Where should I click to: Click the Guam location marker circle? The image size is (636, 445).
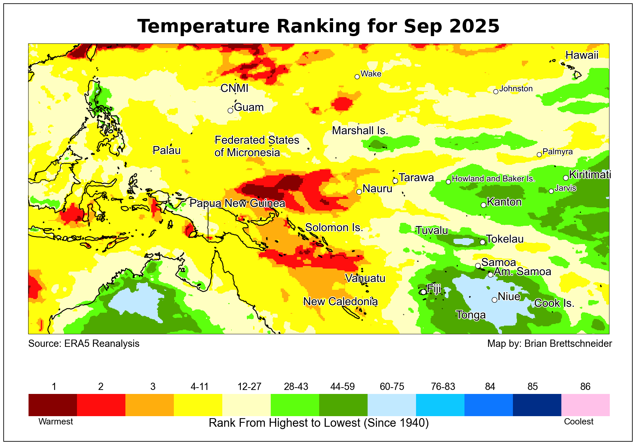230,110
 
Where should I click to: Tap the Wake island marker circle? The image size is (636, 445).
357,77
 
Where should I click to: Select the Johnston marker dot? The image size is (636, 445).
496,92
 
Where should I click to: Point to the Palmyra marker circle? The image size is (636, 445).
539,155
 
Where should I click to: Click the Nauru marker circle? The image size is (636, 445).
359,192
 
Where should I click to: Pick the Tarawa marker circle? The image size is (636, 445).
395,181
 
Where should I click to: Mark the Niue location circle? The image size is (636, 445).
494,300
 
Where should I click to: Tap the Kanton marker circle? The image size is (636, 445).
483,205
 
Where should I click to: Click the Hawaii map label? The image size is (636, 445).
582,55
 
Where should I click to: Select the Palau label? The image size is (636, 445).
167,151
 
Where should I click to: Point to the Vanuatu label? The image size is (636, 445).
365,278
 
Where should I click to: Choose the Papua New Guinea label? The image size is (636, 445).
237,203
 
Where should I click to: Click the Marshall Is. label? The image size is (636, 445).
360,131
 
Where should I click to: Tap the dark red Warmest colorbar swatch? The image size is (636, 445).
53,405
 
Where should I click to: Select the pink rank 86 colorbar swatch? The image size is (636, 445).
585,405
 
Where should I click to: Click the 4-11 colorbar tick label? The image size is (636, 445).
199,387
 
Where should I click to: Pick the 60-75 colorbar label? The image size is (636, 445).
392,387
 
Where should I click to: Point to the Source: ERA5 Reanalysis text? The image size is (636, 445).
84,344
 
